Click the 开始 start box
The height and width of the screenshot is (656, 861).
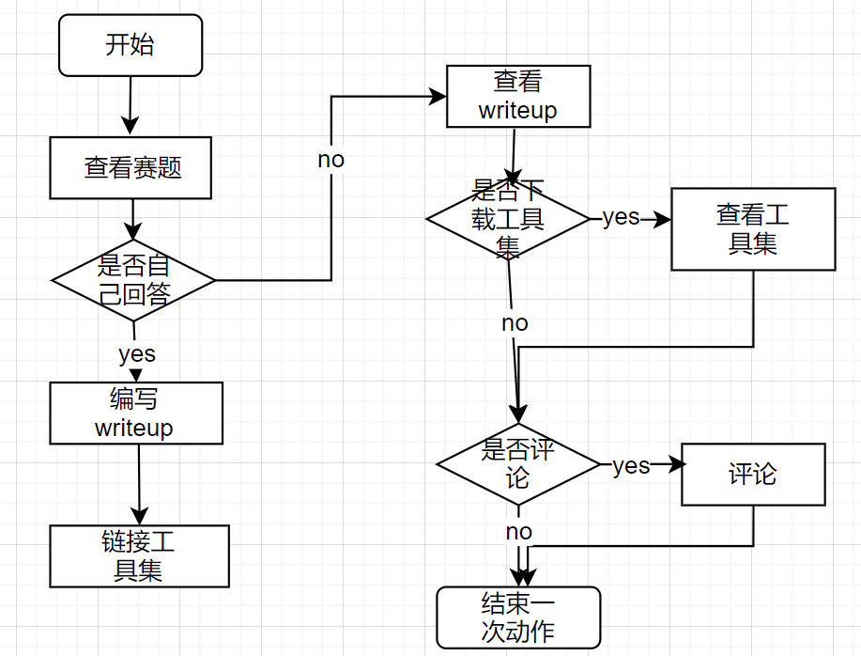tap(131, 45)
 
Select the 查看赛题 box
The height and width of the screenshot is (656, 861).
tap(131, 168)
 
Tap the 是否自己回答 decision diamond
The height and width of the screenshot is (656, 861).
tap(133, 280)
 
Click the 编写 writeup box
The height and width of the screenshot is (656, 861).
tap(136, 413)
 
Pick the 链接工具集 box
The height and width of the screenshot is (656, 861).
tap(139, 556)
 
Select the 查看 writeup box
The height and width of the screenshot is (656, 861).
tap(518, 96)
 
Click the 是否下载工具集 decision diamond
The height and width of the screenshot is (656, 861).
tap(508, 219)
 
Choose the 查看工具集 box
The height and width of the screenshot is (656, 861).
tap(753, 228)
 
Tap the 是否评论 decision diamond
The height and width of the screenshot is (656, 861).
tap(517, 463)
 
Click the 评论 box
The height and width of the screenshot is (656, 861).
tap(753, 475)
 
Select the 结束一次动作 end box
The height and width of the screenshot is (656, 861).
tap(518, 617)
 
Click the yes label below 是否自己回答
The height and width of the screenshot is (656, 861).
tap(137, 354)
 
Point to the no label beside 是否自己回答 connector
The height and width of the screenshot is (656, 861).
tap(331, 160)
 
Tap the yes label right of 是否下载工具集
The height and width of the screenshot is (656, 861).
tap(621, 218)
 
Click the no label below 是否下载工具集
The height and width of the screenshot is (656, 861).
tap(515, 323)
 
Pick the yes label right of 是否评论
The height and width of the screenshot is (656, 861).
tap(631, 466)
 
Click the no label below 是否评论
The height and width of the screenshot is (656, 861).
tap(518, 532)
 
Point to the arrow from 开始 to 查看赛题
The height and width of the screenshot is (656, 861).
tap(131, 105)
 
